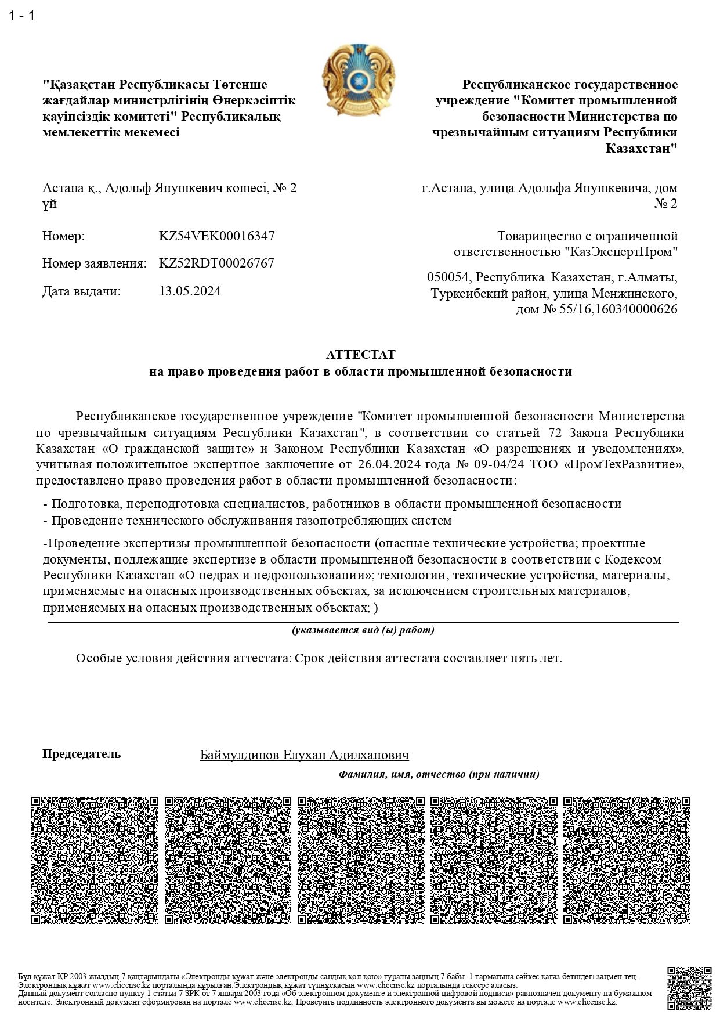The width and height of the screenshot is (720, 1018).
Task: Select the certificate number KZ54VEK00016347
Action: (x=216, y=236)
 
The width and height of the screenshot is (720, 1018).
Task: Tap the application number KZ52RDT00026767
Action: (x=216, y=263)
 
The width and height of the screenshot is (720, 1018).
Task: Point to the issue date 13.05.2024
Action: (x=190, y=291)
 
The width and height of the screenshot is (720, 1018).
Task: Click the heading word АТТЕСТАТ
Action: (x=360, y=355)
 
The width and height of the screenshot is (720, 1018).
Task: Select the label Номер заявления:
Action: (x=94, y=263)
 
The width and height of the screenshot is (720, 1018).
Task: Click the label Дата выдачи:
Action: (x=81, y=291)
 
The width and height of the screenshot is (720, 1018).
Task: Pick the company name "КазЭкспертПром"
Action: (x=621, y=252)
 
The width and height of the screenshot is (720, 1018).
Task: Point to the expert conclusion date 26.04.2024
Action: (x=388, y=464)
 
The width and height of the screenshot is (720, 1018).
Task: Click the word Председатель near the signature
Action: (x=82, y=754)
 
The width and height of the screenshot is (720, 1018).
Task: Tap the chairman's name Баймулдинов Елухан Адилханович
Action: (x=304, y=755)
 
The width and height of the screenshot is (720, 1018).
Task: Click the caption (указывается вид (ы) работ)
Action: (x=363, y=630)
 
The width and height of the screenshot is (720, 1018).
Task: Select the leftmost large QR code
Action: (x=95, y=860)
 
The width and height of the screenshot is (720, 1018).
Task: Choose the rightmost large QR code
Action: (x=627, y=860)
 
